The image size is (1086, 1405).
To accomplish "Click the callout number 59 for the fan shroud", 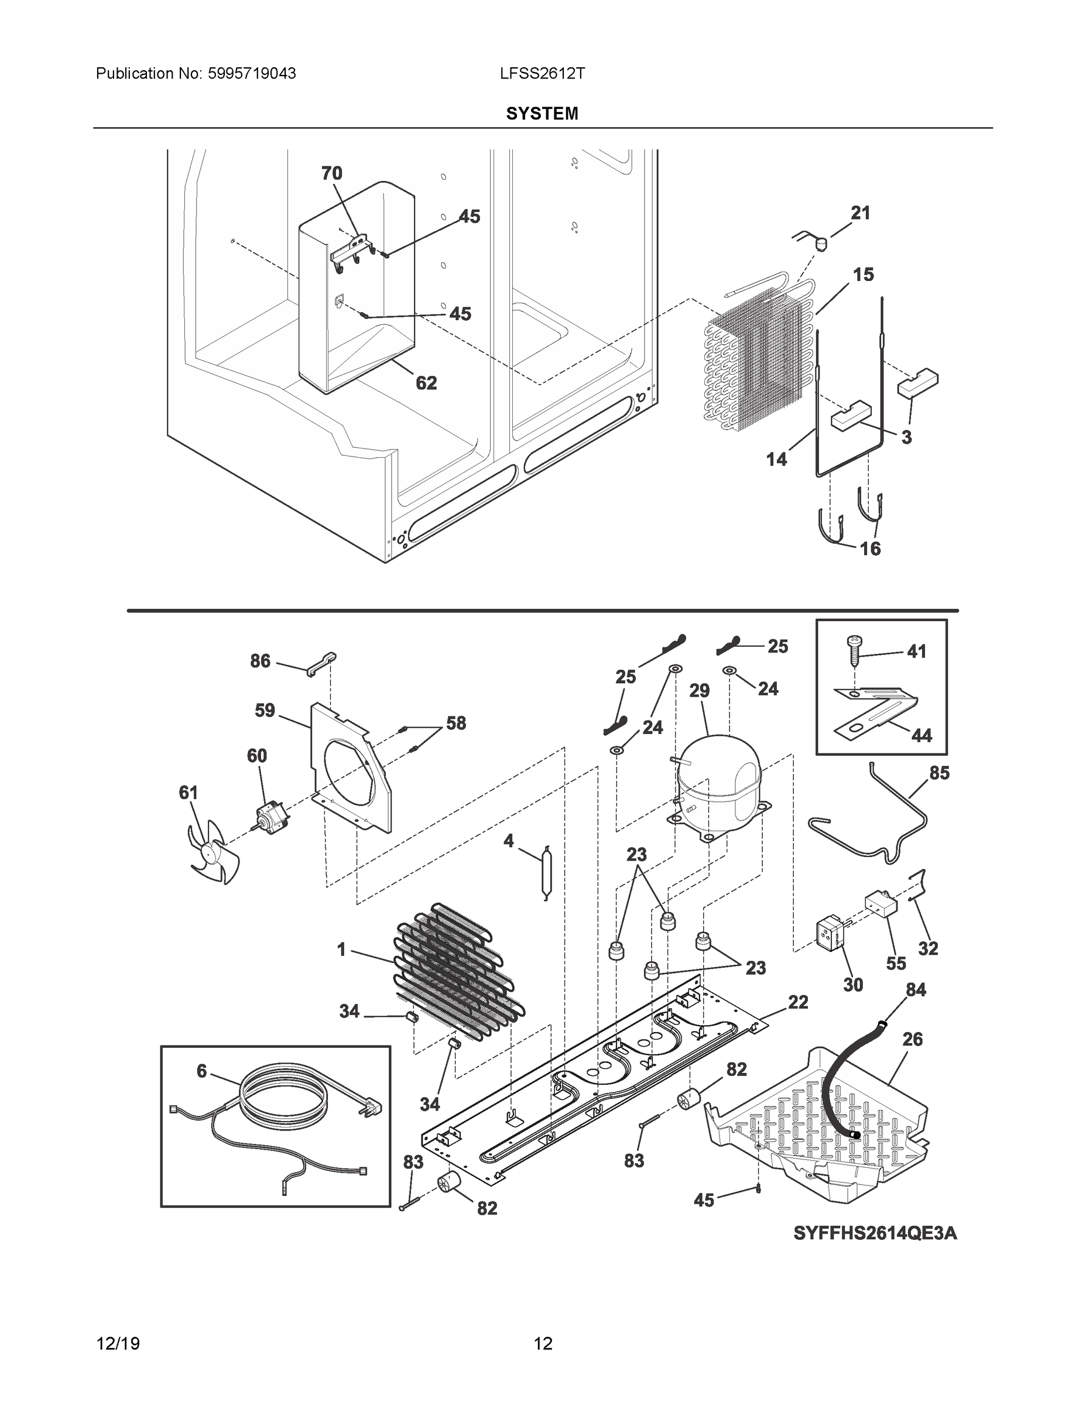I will (x=265, y=710).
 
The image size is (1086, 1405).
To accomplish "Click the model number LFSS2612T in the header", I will (x=542, y=74).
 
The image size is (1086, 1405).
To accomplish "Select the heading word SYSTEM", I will (x=542, y=114).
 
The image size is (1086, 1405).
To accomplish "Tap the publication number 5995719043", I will (x=251, y=74).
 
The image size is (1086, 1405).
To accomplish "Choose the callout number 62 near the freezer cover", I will (x=426, y=383).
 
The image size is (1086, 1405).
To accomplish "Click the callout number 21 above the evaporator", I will (x=860, y=213).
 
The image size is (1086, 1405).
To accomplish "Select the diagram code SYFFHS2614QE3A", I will (x=875, y=1233).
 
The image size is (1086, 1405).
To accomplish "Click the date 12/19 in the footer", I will (x=118, y=1344).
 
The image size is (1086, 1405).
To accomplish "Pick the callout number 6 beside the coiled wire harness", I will (x=201, y=1071).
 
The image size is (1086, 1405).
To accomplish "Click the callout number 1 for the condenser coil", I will (x=342, y=950).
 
